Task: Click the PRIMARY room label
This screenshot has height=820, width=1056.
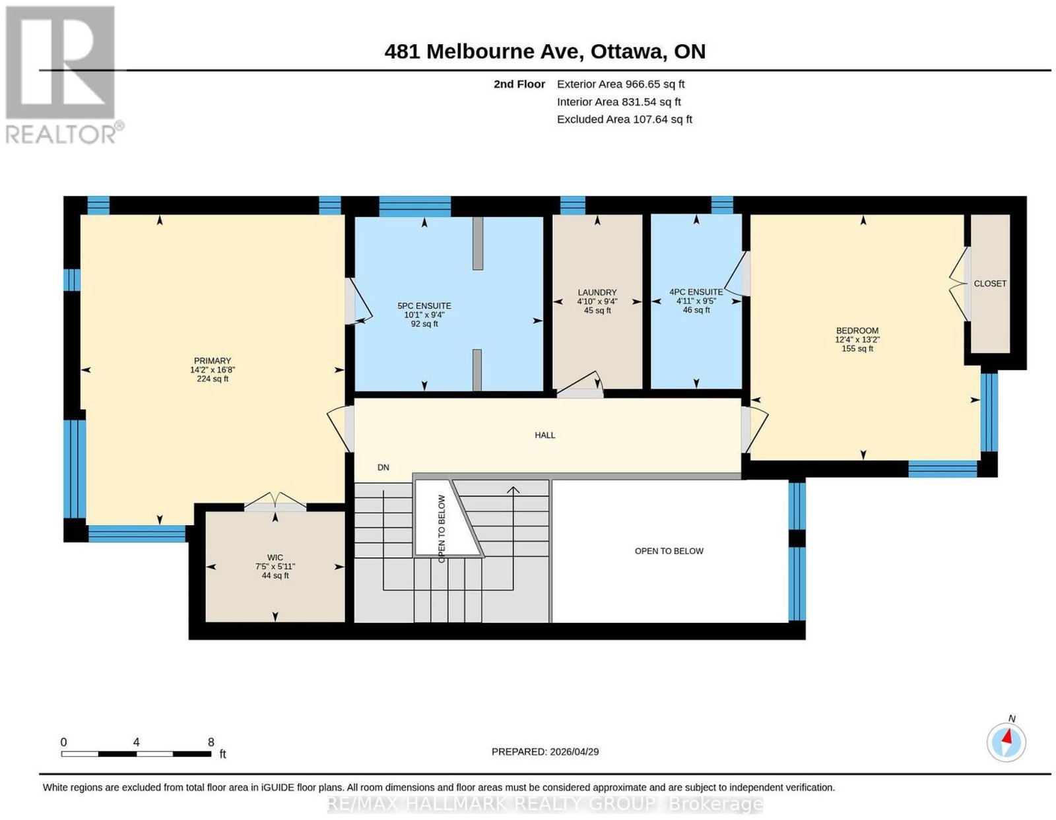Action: point(213,361)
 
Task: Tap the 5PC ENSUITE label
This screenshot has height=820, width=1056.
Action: point(424,306)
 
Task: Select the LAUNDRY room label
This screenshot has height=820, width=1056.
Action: point(597,292)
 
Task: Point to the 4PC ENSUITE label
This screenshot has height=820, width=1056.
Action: point(696,292)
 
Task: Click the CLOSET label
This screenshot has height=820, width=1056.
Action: point(990,284)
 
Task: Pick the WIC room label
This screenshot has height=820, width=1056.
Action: point(275,557)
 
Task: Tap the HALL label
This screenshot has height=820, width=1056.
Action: point(544,435)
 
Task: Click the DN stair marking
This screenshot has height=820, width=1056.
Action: point(383,467)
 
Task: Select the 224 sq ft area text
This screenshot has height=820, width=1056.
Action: point(213,379)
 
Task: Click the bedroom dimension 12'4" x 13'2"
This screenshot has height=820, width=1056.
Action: point(857,340)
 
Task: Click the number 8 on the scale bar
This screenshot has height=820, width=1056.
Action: point(211,742)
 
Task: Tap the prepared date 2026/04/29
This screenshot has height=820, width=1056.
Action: point(574,751)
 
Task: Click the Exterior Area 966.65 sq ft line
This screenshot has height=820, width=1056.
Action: point(620,84)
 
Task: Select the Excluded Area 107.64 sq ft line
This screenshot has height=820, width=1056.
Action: point(624,119)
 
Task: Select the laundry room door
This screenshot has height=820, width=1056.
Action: point(580,385)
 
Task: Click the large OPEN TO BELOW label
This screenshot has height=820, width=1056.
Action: point(669,551)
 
